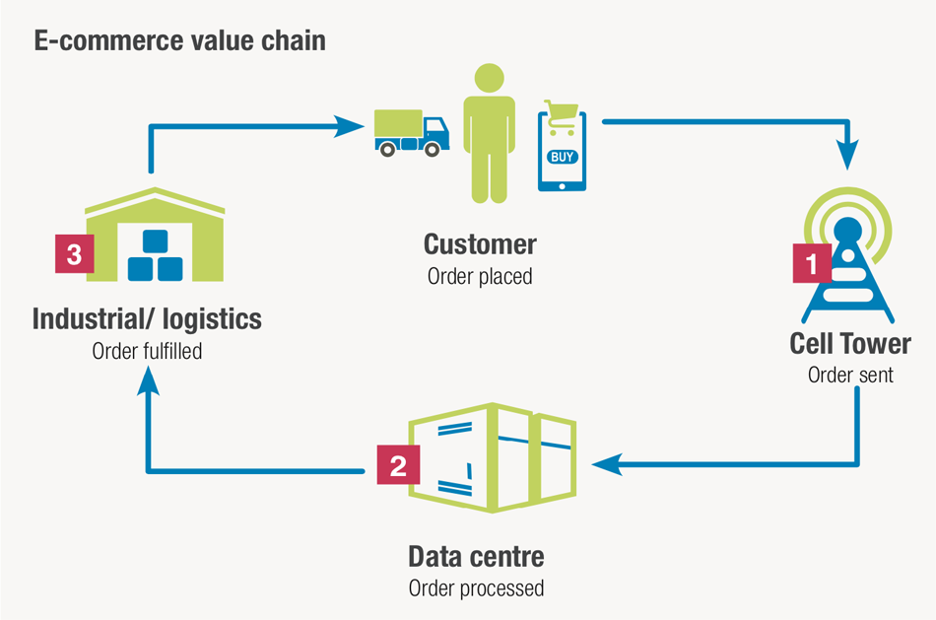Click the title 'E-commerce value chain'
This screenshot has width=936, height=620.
[x=180, y=41]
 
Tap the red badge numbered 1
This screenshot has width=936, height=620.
[x=812, y=264]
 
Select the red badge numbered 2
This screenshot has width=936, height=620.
[x=398, y=464]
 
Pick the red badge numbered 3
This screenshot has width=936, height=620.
[x=74, y=253]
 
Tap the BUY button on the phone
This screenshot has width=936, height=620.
[x=562, y=157]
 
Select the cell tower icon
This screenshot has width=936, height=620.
[x=848, y=261]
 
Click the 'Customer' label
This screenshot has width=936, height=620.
[x=480, y=243]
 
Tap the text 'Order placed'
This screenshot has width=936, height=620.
[x=480, y=276]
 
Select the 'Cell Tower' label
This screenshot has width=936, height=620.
[x=850, y=343]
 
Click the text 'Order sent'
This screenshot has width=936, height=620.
[x=850, y=375]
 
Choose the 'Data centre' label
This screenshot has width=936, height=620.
[x=476, y=557]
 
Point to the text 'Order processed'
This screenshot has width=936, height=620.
[x=476, y=588]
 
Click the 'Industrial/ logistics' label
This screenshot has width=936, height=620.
[x=147, y=319]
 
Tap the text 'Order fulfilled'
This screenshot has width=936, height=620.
[x=147, y=351]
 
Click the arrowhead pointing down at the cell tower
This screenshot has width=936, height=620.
[x=848, y=154]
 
